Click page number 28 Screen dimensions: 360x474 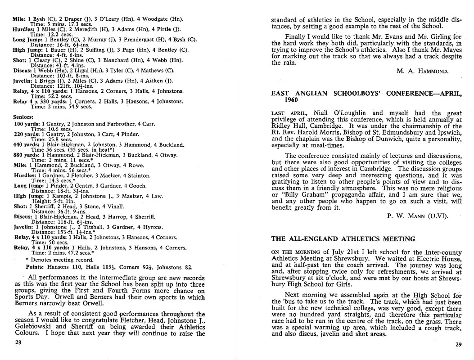18,342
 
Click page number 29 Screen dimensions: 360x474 458,345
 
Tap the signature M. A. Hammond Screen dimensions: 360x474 423,71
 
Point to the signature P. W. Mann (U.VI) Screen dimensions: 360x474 417,216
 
